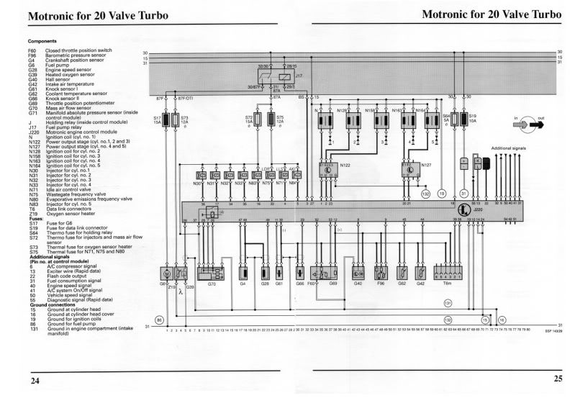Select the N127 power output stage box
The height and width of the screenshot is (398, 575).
[410, 169]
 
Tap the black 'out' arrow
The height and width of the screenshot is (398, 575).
[535, 125]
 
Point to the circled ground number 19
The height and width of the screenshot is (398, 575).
[442, 194]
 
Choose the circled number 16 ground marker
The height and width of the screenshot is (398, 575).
[502, 319]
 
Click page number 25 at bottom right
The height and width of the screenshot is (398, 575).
[558, 379]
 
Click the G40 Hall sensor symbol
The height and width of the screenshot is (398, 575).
[358, 273]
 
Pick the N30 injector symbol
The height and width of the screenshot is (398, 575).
[202, 176]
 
